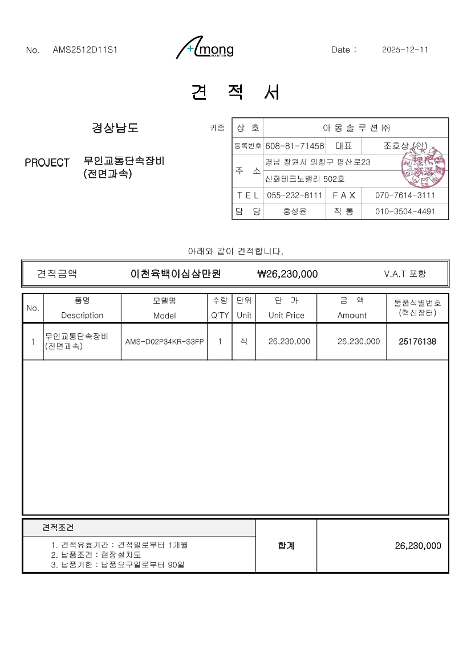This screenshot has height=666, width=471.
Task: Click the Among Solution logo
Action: tap(205, 49)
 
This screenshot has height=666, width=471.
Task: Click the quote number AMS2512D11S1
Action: tap(85, 50)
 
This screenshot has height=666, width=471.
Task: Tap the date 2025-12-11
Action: tap(405, 50)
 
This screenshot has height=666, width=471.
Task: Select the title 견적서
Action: tap(235, 92)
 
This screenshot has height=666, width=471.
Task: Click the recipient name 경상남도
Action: tap(115, 128)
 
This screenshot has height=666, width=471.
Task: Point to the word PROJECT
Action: tap(47, 163)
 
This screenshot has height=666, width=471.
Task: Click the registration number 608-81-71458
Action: tap(295, 146)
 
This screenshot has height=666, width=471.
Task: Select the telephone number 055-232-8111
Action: tap(295, 195)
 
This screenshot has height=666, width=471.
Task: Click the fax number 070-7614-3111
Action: tap(405, 195)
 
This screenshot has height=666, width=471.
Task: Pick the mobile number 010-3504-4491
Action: tap(405, 211)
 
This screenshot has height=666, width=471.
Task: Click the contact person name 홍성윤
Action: tap(295, 211)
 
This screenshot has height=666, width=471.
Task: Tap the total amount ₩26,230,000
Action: tap(287, 274)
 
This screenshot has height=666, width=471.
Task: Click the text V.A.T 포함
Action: tap(405, 274)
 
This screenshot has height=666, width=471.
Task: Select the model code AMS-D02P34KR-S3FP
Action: tap(164, 342)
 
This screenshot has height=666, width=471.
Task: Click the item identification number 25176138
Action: tap(418, 342)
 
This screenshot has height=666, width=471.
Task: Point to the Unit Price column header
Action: tap(286, 315)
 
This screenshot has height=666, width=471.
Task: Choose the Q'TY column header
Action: tap(220, 315)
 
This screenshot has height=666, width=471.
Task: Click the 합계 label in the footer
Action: tap(286, 546)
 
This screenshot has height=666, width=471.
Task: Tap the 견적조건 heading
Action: tap(58, 528)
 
